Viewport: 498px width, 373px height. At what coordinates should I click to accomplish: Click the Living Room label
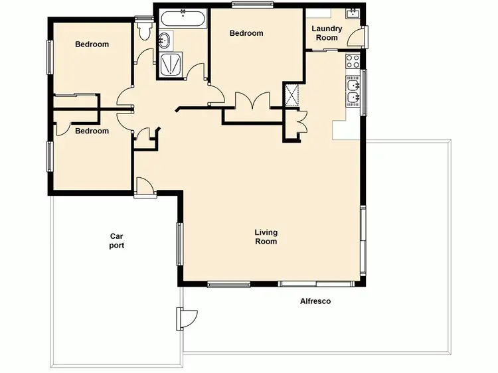point(266,237)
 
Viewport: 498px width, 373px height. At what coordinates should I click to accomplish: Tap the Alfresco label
point(315,301)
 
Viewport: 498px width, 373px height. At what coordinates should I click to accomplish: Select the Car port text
point(117,240)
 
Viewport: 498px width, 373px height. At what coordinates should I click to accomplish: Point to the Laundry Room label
point(327,33)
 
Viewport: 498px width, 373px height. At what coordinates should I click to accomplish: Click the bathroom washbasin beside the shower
point(164,42)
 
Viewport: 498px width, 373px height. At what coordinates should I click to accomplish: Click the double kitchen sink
point(352,92)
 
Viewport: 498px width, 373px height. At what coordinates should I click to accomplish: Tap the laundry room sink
point(352,13)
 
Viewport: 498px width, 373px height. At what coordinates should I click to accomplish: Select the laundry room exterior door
point(357,37)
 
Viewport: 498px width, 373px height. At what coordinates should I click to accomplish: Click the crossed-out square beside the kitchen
point(291,94)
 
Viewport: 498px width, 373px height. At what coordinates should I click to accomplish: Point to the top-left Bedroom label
point(92,44)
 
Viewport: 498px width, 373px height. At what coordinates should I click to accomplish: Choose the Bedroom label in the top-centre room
point(246,33)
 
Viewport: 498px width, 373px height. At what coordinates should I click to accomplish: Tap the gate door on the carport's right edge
point(185,319)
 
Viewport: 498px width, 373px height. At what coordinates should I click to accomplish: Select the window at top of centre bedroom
point(252,5)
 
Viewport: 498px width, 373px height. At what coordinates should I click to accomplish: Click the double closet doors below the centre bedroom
point(252,102)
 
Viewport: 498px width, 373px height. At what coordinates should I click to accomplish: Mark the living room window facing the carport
point(179,243)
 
